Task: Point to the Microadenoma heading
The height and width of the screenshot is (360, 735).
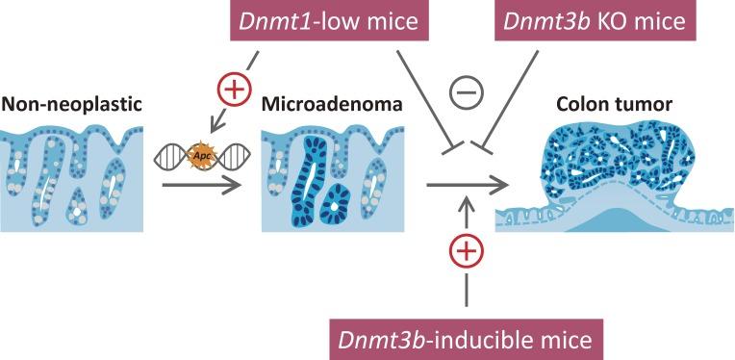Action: (317, 101)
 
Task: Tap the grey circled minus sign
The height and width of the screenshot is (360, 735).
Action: (466, 95)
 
